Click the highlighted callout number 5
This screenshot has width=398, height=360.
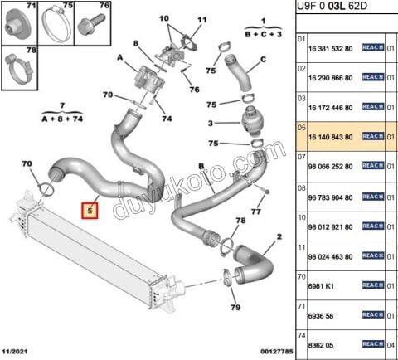[x=89, y=211]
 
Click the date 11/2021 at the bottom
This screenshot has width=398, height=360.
[x=17, y=353]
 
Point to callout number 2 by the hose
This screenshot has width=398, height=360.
[x=279, y=238]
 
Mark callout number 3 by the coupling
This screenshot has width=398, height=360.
[x=211, y=124]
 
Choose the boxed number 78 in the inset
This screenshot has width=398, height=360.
[x=8, y=51]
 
